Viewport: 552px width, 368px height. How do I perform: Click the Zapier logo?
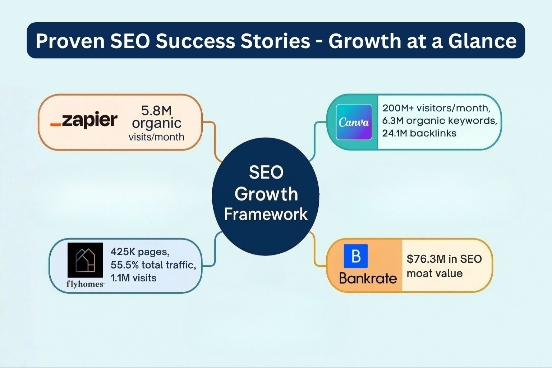point(84,120)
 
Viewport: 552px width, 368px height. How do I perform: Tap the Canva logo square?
point(354,122)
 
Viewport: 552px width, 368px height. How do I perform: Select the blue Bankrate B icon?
point(355,256)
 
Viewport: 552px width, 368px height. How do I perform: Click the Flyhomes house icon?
point(85,260)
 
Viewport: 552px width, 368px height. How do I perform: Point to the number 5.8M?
point(156,110)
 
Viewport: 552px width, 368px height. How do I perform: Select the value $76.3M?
point(426,259)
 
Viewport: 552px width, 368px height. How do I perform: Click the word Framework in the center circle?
point(266,214)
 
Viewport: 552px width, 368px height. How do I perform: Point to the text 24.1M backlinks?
point(419,133)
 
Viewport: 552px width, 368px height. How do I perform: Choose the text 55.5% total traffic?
point(153,265)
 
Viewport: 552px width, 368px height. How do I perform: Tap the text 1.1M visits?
point(133,278)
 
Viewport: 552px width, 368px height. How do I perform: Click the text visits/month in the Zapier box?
point(156,137)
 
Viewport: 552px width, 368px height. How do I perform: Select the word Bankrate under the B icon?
point(368,278)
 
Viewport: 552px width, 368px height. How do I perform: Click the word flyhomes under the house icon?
point(85,284)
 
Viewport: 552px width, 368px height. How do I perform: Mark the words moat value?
point(434,273)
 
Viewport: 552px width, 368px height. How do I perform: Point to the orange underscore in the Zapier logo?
point(55,125)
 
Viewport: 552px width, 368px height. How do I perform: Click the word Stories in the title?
point(276,41)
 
